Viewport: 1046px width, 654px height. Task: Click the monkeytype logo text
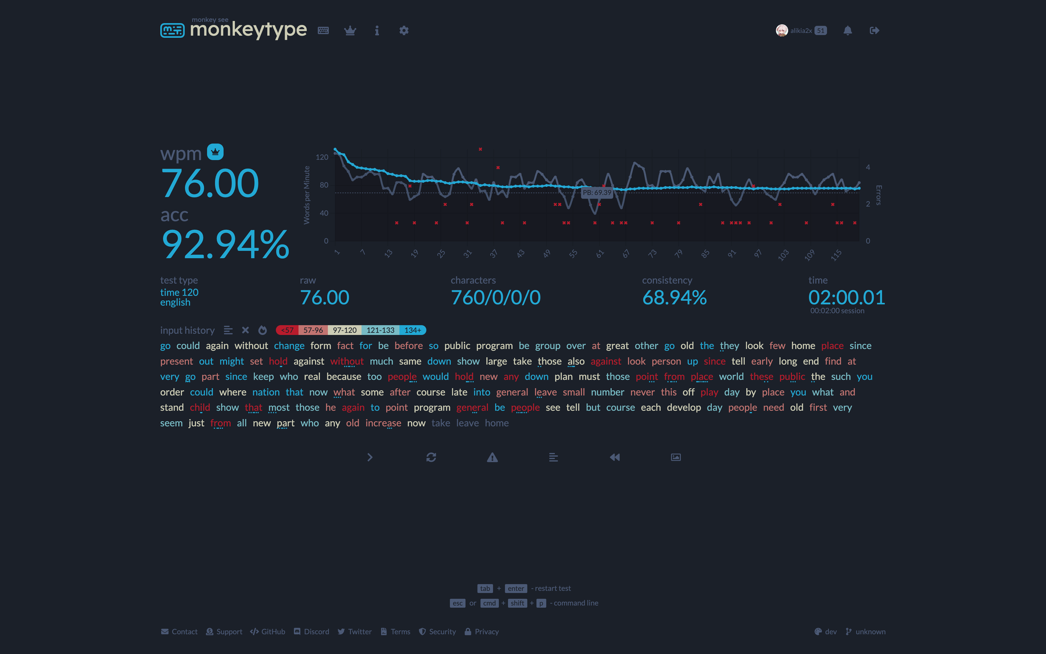(x=248, y=30)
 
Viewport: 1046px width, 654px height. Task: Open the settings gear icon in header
(x=403, y=31)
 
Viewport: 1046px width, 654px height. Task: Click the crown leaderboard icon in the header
(x=350, y=31)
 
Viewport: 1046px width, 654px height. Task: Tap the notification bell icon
(x=847, y=31)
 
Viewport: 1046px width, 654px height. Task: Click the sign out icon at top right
(x=874, y=31)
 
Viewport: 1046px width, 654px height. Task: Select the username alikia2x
(x=801, y=31)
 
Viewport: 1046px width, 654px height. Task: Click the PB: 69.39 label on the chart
(x=597, y=192)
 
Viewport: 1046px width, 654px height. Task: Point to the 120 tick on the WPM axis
(x=322, y=157)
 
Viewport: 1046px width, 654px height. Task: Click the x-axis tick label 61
(x=600, y=253)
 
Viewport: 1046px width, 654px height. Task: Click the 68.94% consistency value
(x=674, y=298)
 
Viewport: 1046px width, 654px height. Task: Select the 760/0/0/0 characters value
(x=495, y=298)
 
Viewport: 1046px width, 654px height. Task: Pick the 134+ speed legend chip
(x=413, y=330)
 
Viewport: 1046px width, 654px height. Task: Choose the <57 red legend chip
(x=288, y=330)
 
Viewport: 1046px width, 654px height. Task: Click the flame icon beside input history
(x=263, y=330)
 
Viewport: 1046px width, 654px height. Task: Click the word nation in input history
(x=266, y=392)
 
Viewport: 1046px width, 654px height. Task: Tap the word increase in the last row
(x=383, y=423)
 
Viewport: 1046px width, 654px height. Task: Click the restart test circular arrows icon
(x=431, y=457)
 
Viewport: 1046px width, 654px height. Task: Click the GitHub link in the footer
(x=268, y=632)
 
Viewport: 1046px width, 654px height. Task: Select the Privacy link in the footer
(x=482, y=632)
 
